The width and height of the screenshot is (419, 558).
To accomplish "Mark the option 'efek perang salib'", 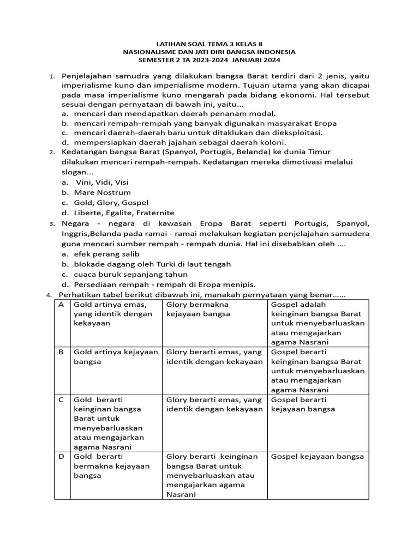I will point(107,254).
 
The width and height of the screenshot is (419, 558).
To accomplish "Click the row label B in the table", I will point(62,353).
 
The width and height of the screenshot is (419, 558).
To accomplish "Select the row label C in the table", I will point(62,400).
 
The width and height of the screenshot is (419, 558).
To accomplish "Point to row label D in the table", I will point(62,457).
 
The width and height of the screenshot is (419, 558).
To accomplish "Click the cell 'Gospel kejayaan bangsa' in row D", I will point(317,457).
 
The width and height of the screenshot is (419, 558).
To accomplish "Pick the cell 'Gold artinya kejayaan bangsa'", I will point(115,357).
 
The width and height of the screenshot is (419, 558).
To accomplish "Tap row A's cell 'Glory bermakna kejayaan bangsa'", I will point(197,309).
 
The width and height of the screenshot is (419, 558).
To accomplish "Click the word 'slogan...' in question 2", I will point(77,172).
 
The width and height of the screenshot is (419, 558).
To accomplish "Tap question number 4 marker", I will point(49,295).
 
